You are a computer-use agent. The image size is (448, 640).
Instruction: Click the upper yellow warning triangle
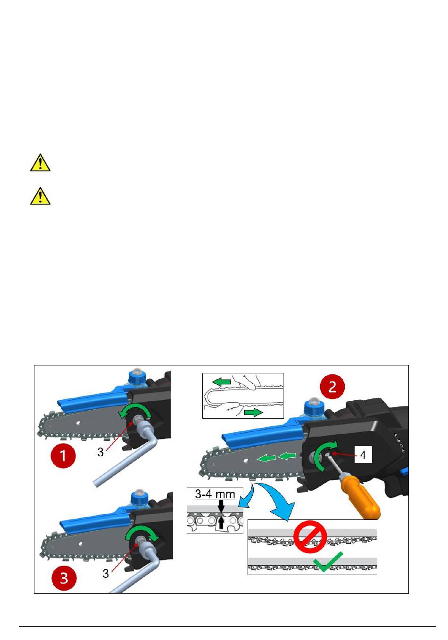pos(41,163)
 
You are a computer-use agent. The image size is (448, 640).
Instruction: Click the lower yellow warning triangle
pos(41,196)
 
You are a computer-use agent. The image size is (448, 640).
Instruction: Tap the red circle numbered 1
pos(63,455)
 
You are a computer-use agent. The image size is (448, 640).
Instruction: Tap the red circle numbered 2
pos(332,387)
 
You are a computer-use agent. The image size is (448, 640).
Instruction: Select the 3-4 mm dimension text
pos(215,494)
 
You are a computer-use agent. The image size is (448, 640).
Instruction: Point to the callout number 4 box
pos(363,454)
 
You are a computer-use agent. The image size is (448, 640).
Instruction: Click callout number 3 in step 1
pos(100,452)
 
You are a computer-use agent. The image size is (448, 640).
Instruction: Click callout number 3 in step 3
pos(106,574)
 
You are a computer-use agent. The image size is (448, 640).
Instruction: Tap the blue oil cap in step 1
pos(138,377)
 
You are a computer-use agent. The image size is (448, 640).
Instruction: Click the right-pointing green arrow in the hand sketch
pos(253,413)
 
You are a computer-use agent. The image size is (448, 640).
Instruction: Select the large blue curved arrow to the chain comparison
pos(277,499)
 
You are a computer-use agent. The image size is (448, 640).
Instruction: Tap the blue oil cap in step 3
pos(139,497)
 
